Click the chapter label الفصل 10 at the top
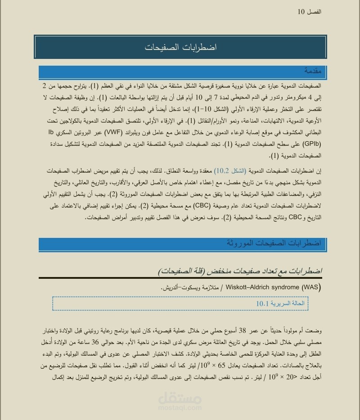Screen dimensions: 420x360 pyautogui.click(x=309, y=12)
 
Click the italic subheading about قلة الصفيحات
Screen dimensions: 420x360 pyautogui.click(x=240, y=271)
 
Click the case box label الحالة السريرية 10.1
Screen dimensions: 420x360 pyautogui.click(x=280, y=304)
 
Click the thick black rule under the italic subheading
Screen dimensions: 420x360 pyautogui.click(x=180, y=278)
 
